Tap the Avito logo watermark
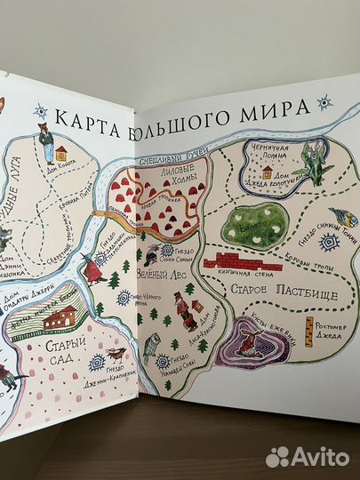pyautogui.click(x=306, y=457)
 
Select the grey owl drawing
pyautogui.click(x=151, y=345)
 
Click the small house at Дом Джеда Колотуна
pyautogui.click(x=267, y=172)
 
